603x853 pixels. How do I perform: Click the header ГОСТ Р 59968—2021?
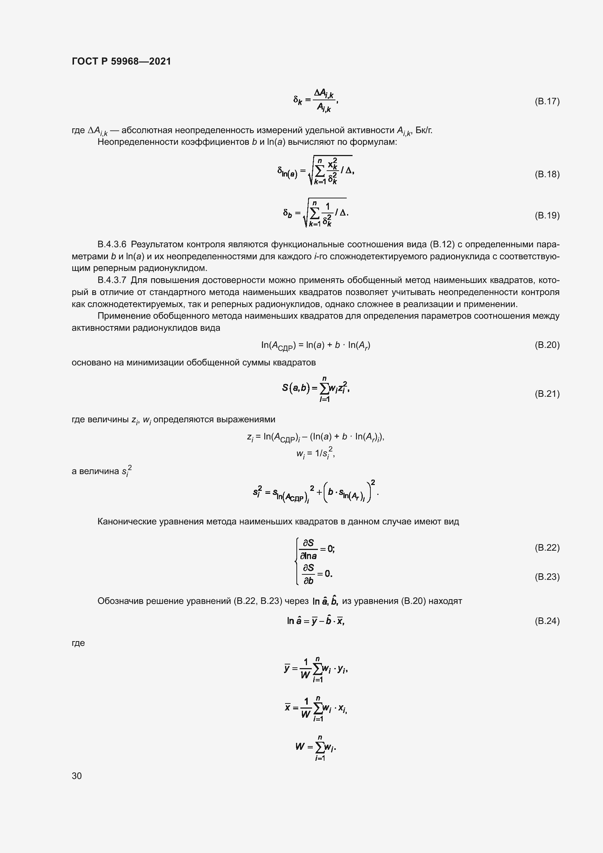(x=121, y=61)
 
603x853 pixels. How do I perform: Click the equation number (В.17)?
(x=547, y=101)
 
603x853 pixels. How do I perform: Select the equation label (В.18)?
(x=547, y=174)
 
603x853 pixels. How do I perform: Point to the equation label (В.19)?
(x=547, y=216)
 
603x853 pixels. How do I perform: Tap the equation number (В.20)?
(x=547, y=345)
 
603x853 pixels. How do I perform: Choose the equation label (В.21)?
(x=547, y=393)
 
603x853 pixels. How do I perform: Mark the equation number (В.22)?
(x=547, y=548)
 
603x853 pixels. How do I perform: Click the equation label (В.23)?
(x=547, y=577)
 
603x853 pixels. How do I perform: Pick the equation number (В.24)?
(x=547, y=621)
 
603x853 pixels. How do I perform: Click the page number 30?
(x=77, y=776)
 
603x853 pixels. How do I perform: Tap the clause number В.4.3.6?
(x=112, y=244)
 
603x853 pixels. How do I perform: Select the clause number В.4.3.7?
(x=112, y=280)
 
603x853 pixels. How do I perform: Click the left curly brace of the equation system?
(x=296, y=562)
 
